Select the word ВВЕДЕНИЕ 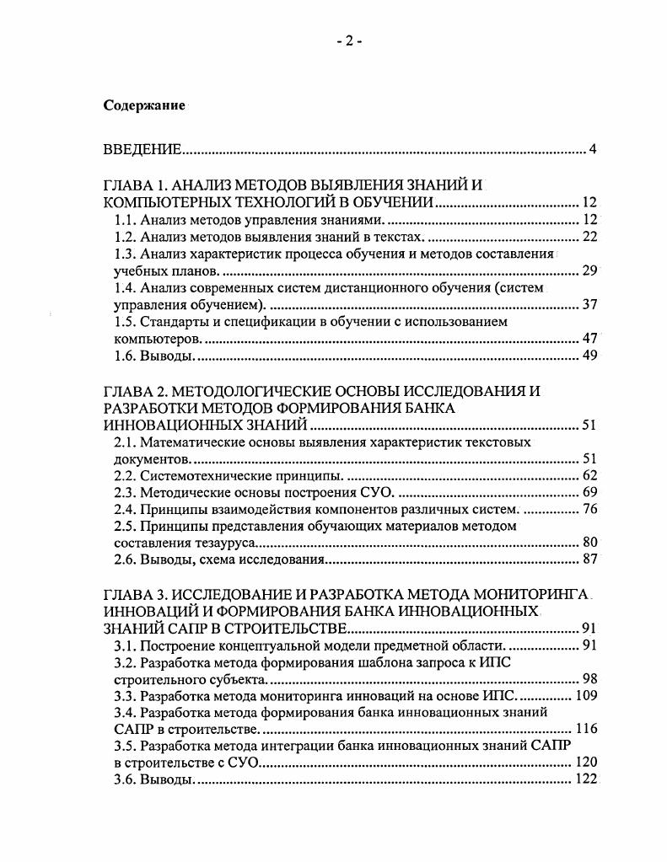tap(142, 150)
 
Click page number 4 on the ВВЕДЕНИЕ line tap(593, 150)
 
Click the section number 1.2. tap(125, 237)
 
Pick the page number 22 tap(589, 237)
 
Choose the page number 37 tap(589, 304)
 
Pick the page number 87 tap(589, 559)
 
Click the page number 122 tap(586, 780)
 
